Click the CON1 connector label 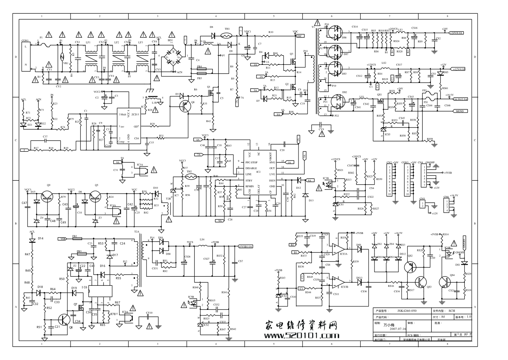(x=25, y=41)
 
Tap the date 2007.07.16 (x=398, y=329)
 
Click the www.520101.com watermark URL (x=302, y=335)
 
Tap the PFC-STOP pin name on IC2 (x=251, y=163)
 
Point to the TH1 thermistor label (x=227, y=29)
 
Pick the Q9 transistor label (x=48, y=185)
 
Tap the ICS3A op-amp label (x=343, y=254)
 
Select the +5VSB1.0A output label (x=246, y=246)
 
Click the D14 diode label (x=41, y=238)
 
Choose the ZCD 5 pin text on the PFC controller (x=135, y=114)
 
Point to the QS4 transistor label (x=452, y=275)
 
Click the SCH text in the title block (x=452, y=310)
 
